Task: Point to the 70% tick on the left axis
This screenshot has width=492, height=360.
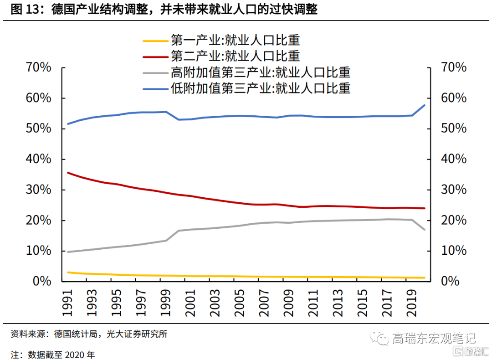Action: pyautogui.click(x=38, y=67)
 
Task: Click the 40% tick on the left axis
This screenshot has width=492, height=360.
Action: pyautogui.click(x=38, y=159)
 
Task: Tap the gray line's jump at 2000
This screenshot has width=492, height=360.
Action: pyautogui.click(x=178, y=231)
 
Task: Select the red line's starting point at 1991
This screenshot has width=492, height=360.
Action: pyautogui.click(x=67, y=173)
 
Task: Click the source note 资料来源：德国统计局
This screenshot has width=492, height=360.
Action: pyautogui.click(x=89, y=334)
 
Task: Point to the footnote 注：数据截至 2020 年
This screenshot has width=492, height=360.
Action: pyautogui.click(x=53, y=354)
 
